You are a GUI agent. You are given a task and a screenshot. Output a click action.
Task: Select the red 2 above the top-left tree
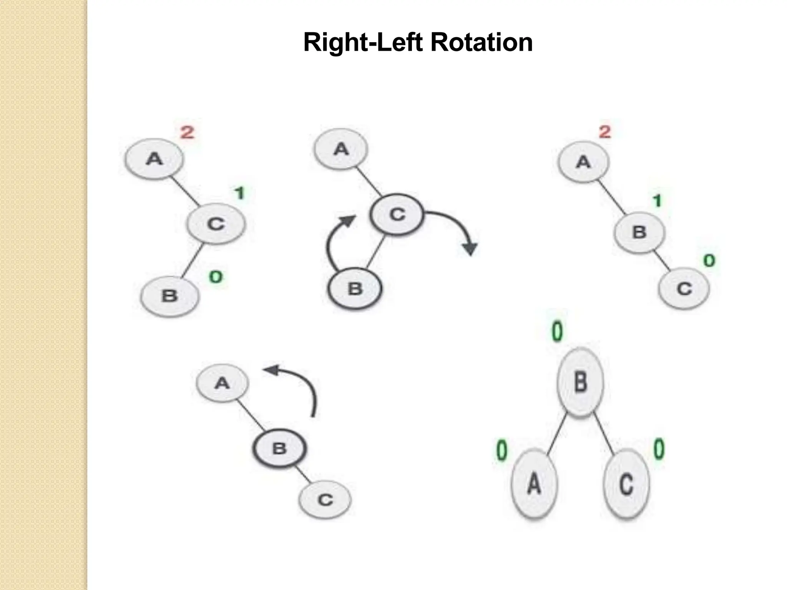tap(187, 133)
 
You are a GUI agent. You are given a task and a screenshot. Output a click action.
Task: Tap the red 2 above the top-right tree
tap(604, 132)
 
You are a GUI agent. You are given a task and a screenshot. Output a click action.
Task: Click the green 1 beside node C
tap(240, 193)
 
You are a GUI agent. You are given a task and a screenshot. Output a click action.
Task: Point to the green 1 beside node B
tap(657, 201)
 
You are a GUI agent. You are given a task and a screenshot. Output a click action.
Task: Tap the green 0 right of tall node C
tap(659, 449)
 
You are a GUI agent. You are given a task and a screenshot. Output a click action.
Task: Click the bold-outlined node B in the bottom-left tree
tap(279, 448)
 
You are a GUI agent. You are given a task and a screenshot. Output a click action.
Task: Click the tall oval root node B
tap(580, 382)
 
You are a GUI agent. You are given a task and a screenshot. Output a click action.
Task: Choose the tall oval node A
tap(534, 483)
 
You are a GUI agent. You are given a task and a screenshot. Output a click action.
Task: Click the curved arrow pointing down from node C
tap(457, 227)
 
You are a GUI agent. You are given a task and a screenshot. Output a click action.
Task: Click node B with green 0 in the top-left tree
tap(169, 296)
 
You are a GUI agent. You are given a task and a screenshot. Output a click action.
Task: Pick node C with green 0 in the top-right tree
tap(684, 288)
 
